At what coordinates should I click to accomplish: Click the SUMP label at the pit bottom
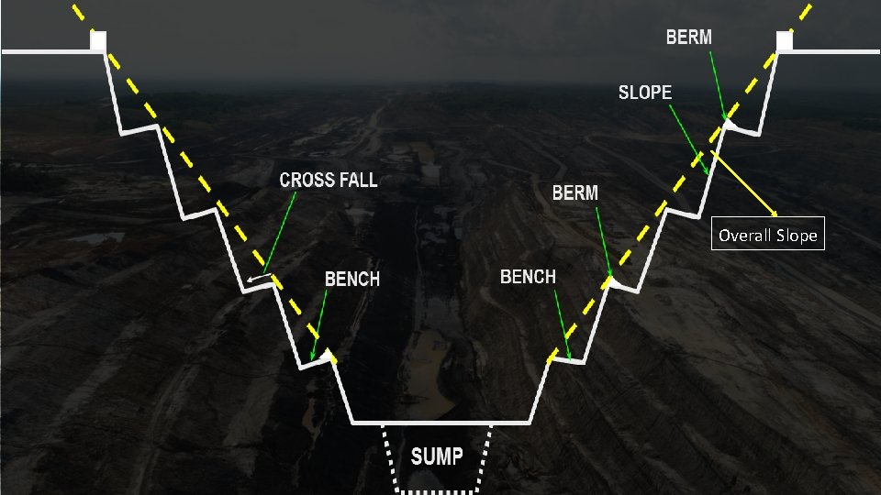click(437, 456)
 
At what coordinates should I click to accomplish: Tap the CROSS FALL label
click(329, 180)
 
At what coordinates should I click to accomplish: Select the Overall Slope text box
click(767, 235)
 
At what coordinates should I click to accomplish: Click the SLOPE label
click(644, 92)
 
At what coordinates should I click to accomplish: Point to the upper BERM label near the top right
click(688, 38)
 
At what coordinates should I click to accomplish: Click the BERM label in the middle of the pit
click(574, 192)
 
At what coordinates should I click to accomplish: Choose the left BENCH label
click(352, 279)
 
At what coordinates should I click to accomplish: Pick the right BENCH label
click(528, 276)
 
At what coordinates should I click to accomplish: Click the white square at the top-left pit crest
click(99, 39)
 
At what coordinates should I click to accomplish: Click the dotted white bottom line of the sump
click(438, 491)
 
